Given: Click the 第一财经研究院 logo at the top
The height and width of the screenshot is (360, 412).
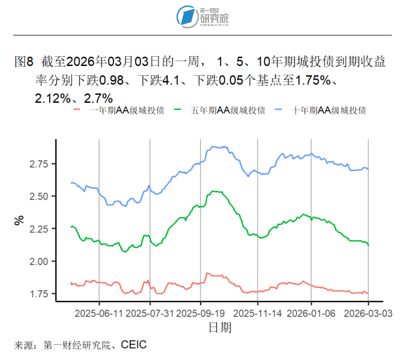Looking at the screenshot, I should point(205,16).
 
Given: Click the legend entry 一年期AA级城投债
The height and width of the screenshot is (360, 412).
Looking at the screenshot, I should point(119,110).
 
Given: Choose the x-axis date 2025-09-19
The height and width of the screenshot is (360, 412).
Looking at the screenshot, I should point(201,314).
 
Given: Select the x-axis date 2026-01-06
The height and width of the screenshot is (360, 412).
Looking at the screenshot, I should point(311,314).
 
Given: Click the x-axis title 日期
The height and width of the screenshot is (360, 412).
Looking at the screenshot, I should point(220,327).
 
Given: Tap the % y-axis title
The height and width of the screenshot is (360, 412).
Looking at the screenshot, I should point(20,220).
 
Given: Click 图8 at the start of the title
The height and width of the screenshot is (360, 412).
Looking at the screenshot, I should point(25,62).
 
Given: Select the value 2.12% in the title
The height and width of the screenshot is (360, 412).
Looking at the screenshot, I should point(52,99).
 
